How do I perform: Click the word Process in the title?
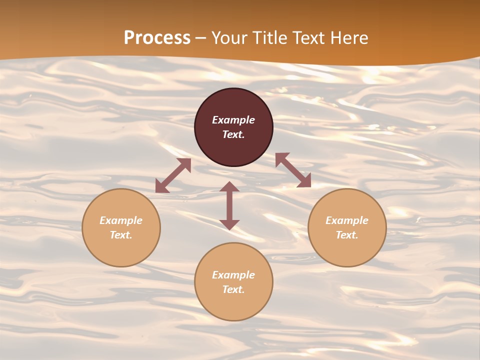157,38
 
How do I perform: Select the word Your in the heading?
229,38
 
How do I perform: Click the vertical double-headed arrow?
229,206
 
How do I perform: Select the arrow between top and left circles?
173,176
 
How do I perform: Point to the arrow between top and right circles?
293,170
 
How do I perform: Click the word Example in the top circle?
233,120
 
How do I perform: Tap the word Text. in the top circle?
233,134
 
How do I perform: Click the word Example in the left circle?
121,220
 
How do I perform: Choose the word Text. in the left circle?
121,235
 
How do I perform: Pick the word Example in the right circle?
347,220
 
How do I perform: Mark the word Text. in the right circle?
347,235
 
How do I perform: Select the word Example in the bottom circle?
233,275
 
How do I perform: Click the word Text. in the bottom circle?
233,289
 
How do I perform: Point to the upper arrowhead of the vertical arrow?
229,187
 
